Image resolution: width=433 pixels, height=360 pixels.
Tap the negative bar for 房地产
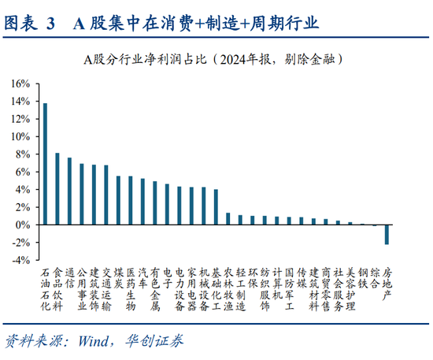pyautogui.click(x=387, y=234)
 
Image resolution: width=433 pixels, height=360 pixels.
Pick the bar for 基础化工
pyautogui.click(x=216, y=207)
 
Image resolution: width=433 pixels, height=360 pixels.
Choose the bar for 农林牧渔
pyautogui.click(x=228, y=219)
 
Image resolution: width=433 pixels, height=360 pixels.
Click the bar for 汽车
pyautogui.click(x=142, y=202)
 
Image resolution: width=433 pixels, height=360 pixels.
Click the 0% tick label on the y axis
pyautogui.click(x=23, y=225)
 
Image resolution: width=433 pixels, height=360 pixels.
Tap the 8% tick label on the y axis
pyautogui.click(x=23, y=154)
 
